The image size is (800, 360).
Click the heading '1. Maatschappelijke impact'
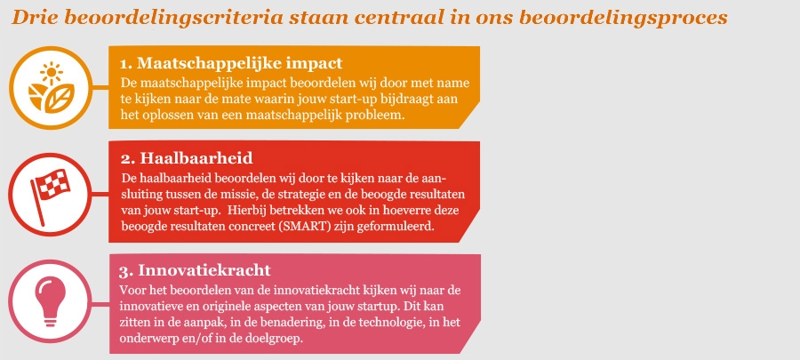[231, 63]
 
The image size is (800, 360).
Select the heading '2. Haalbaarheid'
[187, 158]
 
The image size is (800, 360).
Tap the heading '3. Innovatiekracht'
[196, 269]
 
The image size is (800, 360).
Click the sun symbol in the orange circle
[52, 72]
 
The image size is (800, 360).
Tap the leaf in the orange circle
[60, 98]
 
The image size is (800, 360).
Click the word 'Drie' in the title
[31, 18]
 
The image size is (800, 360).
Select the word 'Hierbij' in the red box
[247, 211]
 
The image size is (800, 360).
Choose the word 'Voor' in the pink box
[132, 291]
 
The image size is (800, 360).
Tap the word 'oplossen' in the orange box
[162, 115]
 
